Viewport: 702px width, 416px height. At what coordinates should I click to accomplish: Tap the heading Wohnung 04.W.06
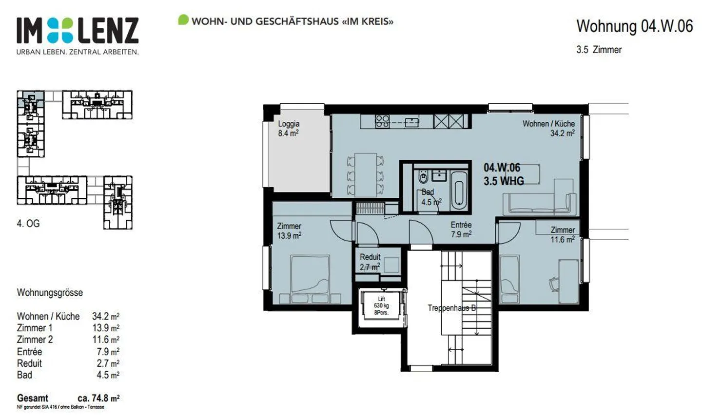click(634, 26)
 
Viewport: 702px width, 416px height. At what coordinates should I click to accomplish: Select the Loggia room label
click(289, 129)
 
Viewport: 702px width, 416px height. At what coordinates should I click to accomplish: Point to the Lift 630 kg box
click(381, 306)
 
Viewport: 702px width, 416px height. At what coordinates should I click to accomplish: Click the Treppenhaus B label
click(451, 308)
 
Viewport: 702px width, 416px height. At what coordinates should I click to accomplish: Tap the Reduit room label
click(370, 262)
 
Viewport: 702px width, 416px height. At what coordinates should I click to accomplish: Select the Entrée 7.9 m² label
click(461, 229)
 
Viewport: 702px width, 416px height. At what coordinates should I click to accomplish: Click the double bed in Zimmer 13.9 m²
click(310, 276)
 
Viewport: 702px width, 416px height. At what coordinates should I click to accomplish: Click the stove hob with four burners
click(382, 121)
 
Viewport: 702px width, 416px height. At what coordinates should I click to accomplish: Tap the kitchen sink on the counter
click(412, 122)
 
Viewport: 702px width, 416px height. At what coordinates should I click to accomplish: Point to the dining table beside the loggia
click(366, 174)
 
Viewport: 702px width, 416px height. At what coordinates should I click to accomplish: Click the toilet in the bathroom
click(423, 176)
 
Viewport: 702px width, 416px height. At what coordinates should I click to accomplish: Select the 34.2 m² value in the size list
click(105, 316)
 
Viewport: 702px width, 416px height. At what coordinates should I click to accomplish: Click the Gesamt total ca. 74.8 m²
click(68, 398)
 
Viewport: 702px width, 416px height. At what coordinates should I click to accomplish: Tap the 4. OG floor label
click(28, 224)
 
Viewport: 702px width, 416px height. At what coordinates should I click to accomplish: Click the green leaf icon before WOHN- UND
click(183, 20)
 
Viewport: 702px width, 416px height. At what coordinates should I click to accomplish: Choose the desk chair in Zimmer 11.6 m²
click(554, 284)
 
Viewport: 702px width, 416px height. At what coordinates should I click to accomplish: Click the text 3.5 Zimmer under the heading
click(599, 50)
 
